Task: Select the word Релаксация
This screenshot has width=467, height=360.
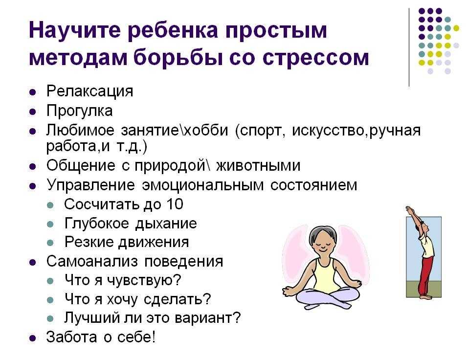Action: (89, 91)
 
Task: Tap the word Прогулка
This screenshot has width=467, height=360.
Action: (80, 111)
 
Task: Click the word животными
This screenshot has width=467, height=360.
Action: (258, 166)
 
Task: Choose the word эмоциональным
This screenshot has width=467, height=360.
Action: (203, 185)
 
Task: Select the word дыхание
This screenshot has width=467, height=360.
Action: (166, 224)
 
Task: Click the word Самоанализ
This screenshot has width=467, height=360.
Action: (92, 261)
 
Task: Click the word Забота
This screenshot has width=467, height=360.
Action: (72, 337)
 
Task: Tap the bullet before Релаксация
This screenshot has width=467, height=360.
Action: (33, 92)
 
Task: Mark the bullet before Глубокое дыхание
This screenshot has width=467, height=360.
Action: (50, 225)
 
